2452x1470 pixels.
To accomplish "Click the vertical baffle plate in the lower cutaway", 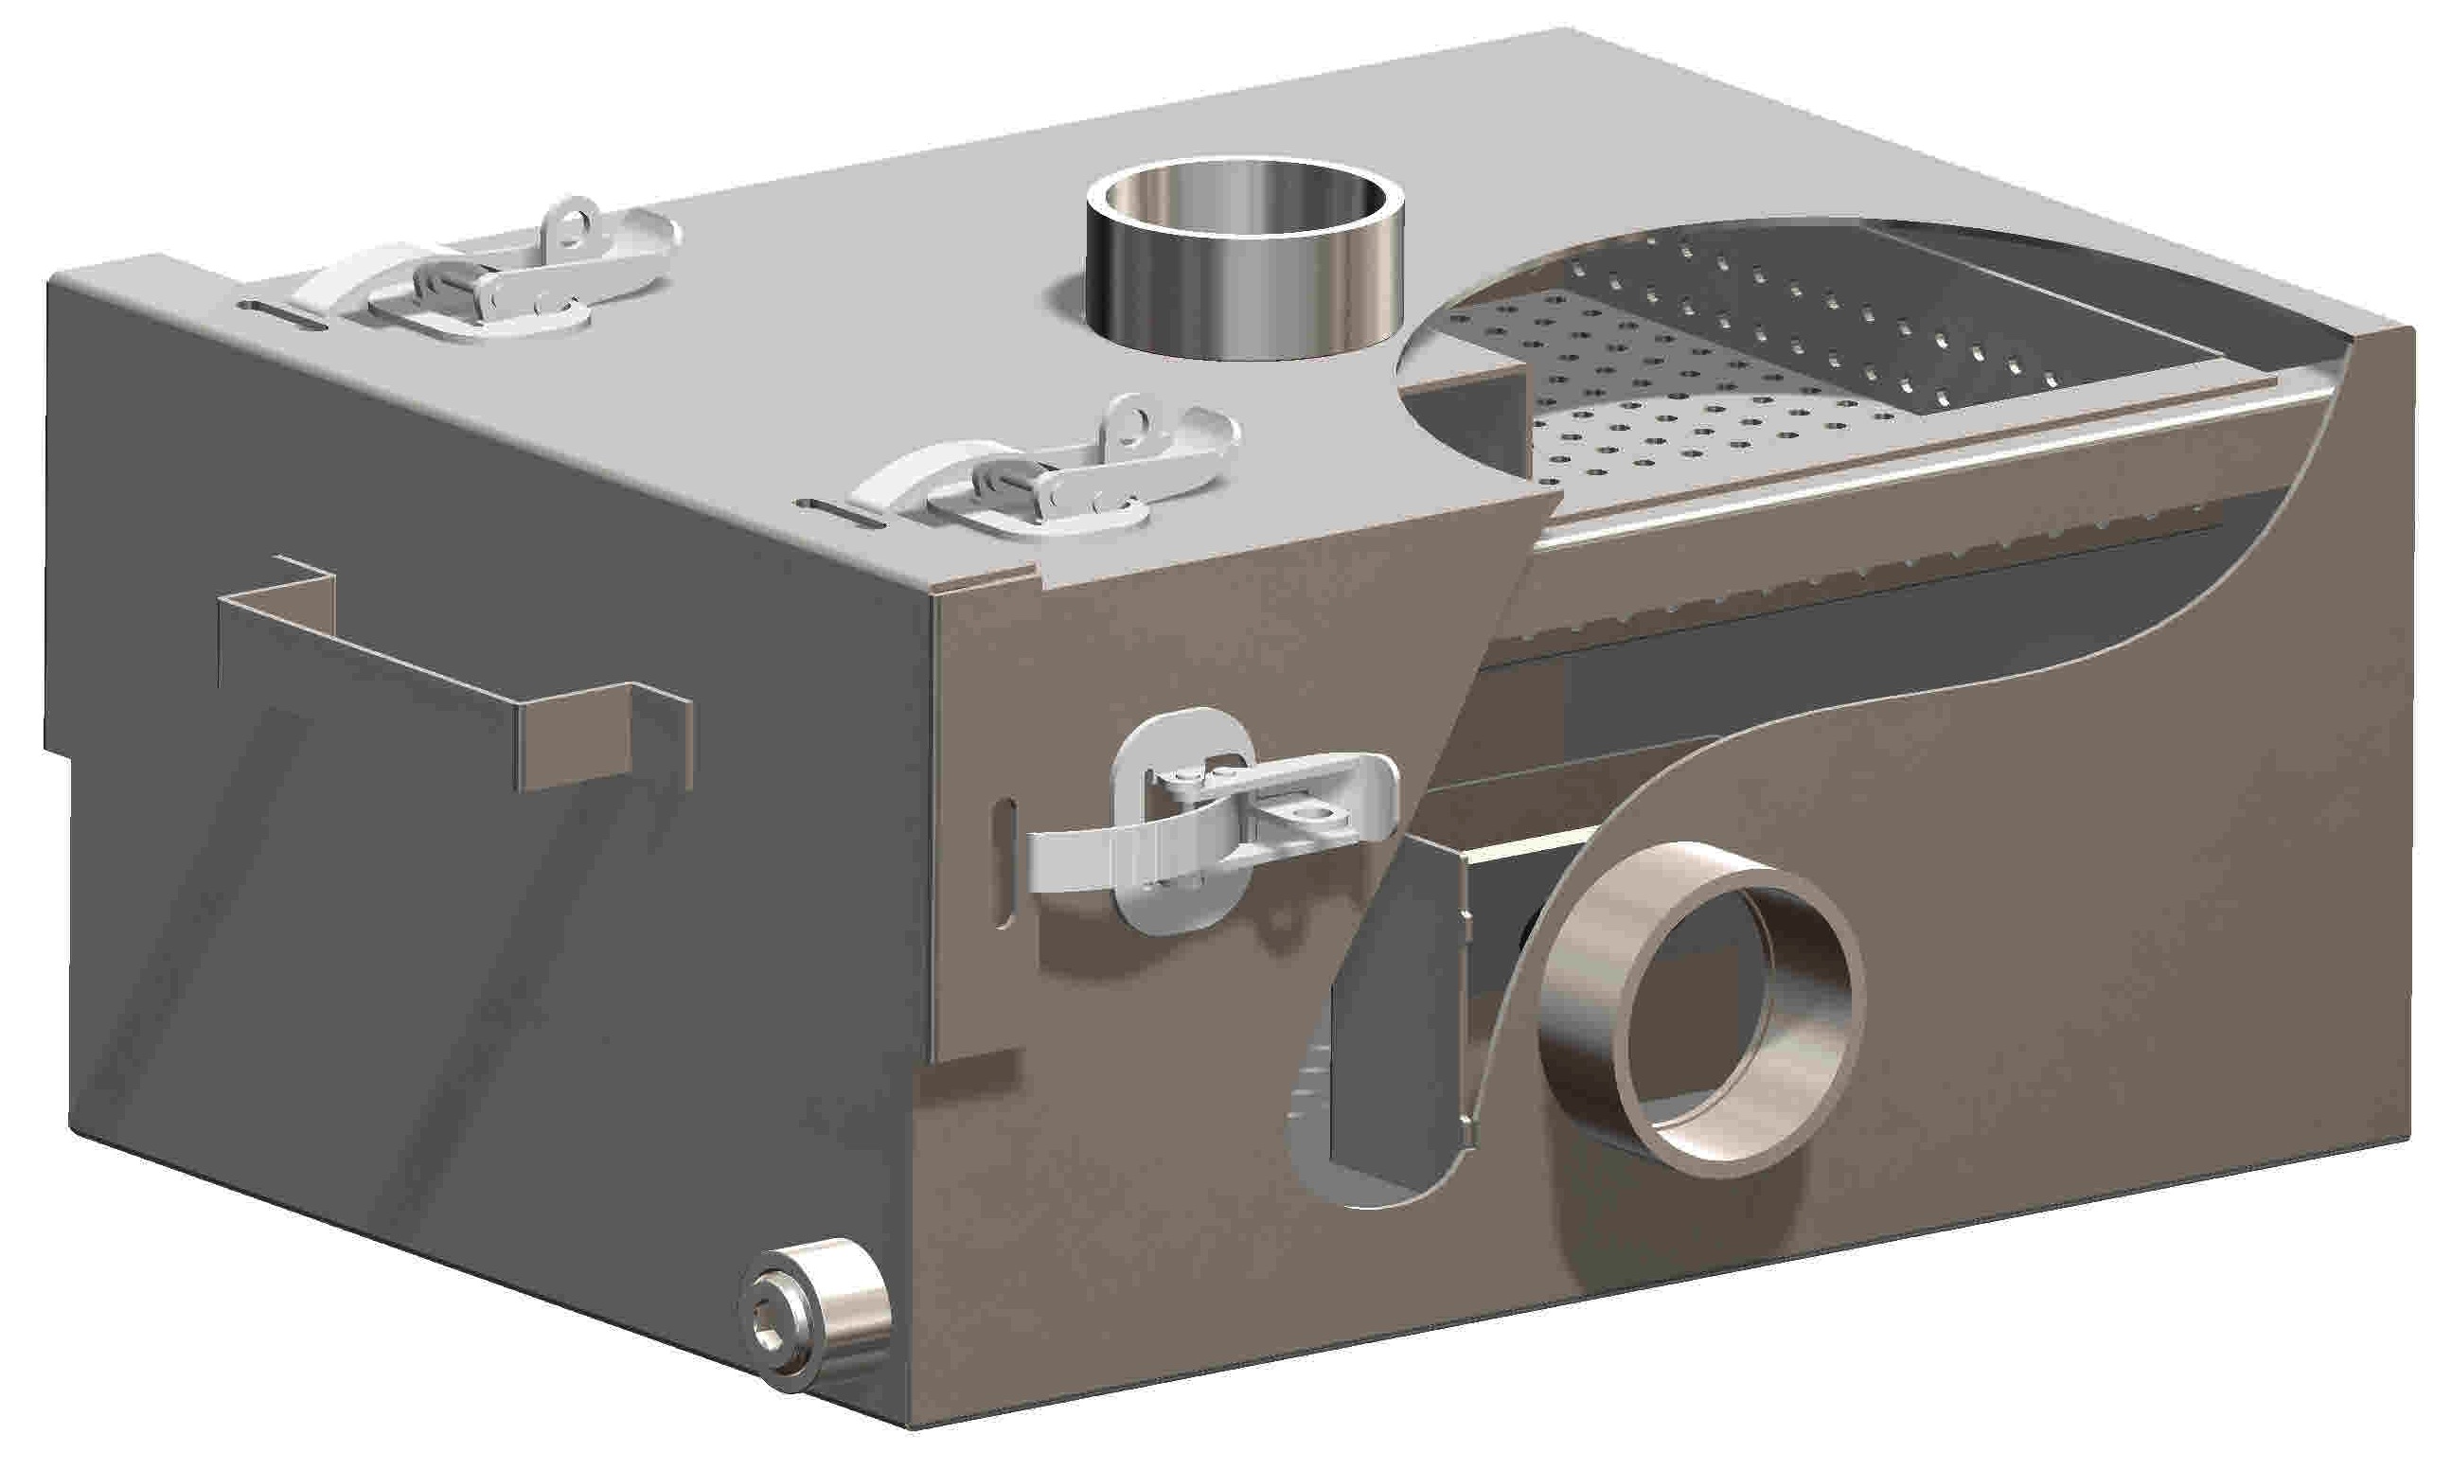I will coord(1397,1030).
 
